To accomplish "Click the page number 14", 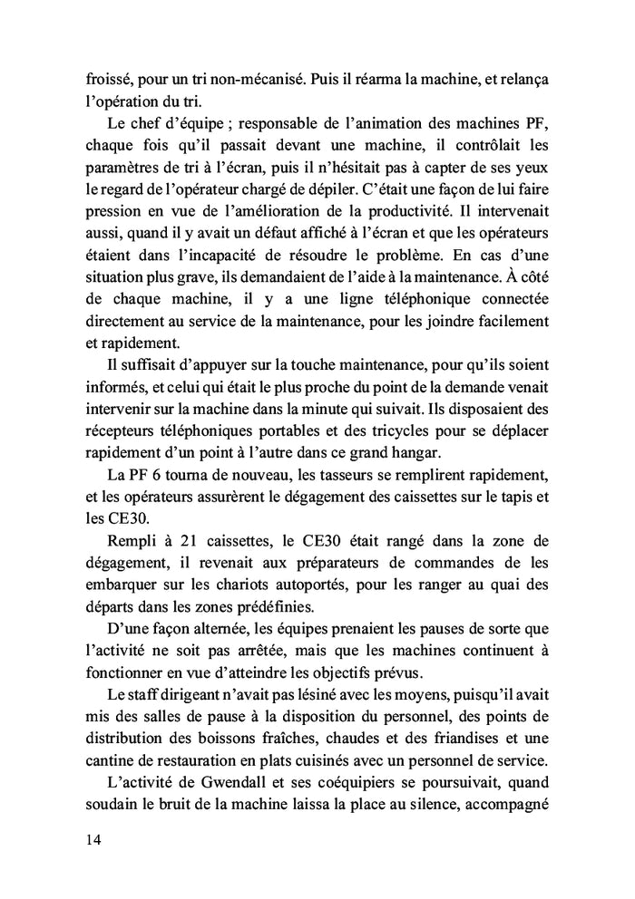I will coord(88,840).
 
